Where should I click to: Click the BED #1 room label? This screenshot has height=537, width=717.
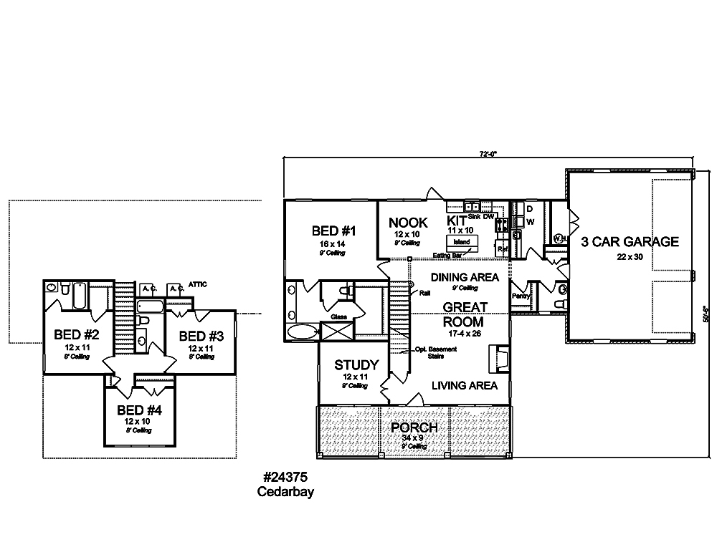[334, 231]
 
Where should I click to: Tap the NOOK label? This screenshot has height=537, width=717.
[408, 223]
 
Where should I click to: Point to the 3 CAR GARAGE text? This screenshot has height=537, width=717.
[630, 241]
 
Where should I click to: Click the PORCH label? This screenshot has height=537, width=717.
[413, 427]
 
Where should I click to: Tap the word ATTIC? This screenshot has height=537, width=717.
[198, 284]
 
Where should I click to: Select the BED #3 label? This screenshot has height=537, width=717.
[201, 336]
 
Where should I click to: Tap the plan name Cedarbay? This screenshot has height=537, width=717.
[285, 492]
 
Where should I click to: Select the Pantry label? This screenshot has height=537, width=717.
[521, 295]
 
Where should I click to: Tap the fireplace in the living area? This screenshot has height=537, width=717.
[496, 357]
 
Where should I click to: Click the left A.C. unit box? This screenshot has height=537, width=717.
[148, 288]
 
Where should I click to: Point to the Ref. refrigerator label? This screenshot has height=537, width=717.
[503, 249]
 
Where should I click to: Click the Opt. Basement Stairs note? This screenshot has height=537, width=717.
[431, 352]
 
